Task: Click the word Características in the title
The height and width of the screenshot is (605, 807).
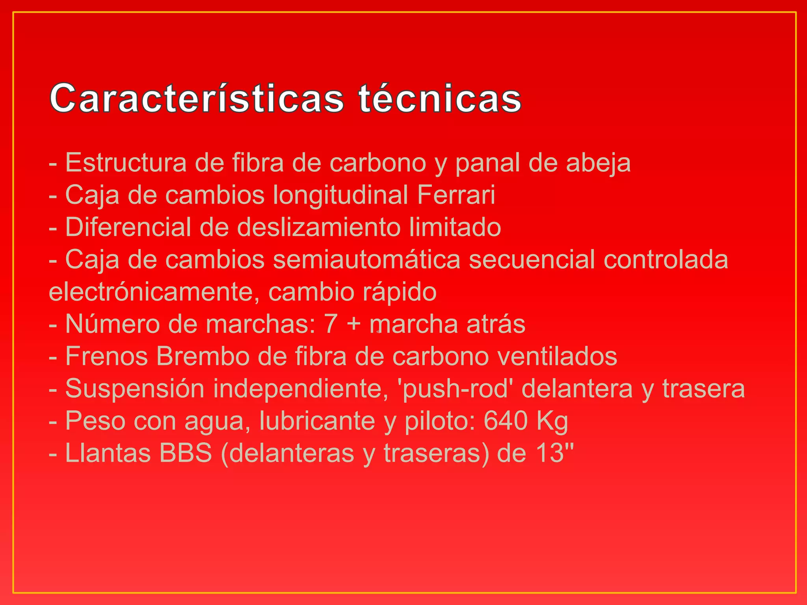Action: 197,98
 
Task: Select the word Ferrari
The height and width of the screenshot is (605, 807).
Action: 456,195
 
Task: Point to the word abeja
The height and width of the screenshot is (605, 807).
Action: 598,163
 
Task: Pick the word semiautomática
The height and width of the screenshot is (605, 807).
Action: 366,260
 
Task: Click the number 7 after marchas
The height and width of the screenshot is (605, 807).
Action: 331,324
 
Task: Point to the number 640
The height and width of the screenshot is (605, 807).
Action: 506,421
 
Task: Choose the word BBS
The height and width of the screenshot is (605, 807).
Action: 186,453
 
